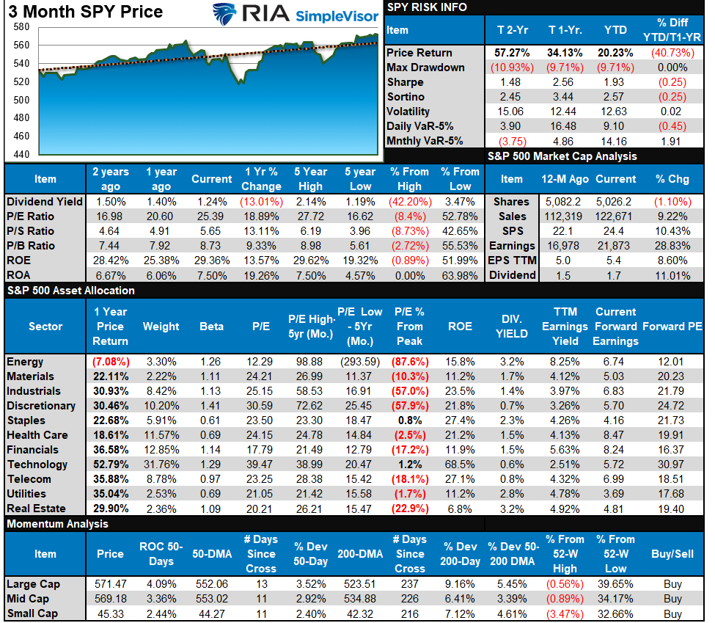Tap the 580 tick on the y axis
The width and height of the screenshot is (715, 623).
tap(21, 27)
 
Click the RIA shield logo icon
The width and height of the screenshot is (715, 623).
tap(227, 15)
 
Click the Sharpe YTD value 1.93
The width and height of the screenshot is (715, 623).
tap(615, 82)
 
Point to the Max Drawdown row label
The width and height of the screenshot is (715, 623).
tap(425, 68)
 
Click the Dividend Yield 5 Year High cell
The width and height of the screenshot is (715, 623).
tap(311, 202)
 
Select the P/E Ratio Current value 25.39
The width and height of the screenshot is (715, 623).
tap(212, 216)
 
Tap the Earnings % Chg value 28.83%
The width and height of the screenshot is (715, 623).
tap(673, 246)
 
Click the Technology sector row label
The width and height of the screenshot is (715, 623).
tap(37, 464)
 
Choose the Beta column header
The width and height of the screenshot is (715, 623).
tap(212, 327)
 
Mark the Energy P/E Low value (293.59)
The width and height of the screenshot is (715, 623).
tap(360, 362)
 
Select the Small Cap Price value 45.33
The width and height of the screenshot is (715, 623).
tap(110, 614)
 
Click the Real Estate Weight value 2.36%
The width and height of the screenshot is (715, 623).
tap(161, 509)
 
